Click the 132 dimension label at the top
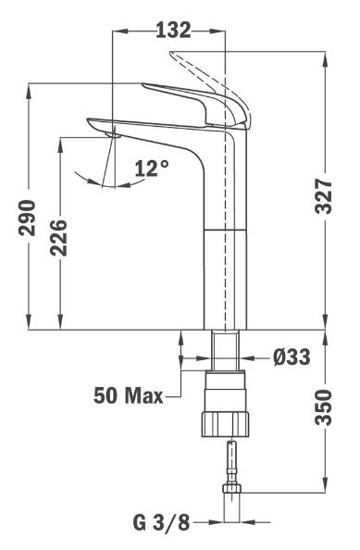[x=173, y=31]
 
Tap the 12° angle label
[x=152, y=168]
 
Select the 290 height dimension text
[x=28, y=218]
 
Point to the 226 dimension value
[x=58, y=238]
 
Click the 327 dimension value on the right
[x=323, y=196]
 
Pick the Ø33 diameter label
[x=292, y=357]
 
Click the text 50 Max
[x=129, y=395]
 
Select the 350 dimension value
[x=323, y=406]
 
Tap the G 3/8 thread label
[x=161, y=522]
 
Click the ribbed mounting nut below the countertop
[x=226, y=424]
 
